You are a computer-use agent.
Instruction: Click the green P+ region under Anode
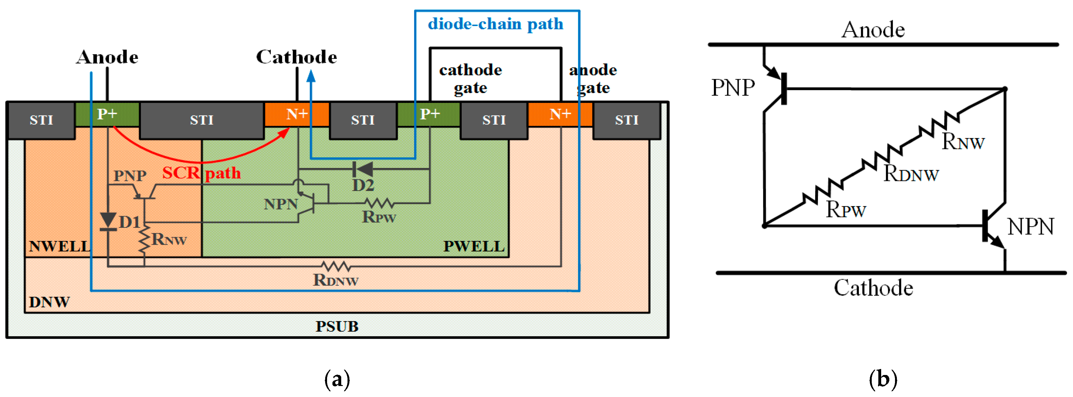tap(107, 115)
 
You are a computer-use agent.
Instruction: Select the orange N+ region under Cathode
tap(297, 115)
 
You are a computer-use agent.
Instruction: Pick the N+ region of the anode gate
tap(560, 115)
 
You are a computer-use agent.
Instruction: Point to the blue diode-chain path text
tap(495, 24)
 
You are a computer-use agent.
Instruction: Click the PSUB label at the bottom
tap(336, 326)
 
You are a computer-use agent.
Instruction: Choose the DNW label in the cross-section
tap(49, 302)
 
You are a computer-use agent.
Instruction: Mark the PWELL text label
tap(474, 246)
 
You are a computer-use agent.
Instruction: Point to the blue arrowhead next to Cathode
tap(311, 76)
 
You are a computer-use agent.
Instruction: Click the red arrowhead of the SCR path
tap(285, 132)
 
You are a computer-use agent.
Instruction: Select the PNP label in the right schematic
tap(733, 88)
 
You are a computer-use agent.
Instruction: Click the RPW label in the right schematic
tap(846, 210)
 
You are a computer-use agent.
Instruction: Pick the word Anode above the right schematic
tap(873, 30)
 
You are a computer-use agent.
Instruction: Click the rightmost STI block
tap(626, 120)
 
